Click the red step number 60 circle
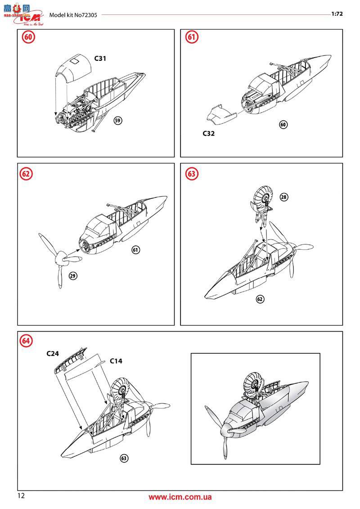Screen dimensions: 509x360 tap(28, 38)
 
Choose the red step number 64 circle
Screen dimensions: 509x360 tap(27, 341)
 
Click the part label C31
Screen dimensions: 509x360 tap(100, 59)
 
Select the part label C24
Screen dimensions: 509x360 tap(53, 354)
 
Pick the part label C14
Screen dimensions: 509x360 tap(116, 361)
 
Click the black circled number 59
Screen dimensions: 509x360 tap(117, 120)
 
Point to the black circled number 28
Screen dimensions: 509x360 tap(284, 197)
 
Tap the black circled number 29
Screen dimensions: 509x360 tap(72, 275)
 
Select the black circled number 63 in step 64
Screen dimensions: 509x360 tap(124, 458)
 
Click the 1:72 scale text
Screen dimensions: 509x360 tap(337, 14)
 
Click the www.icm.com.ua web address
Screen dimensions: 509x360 tap(180, 497)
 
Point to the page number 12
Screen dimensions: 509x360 tap(21, 496)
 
